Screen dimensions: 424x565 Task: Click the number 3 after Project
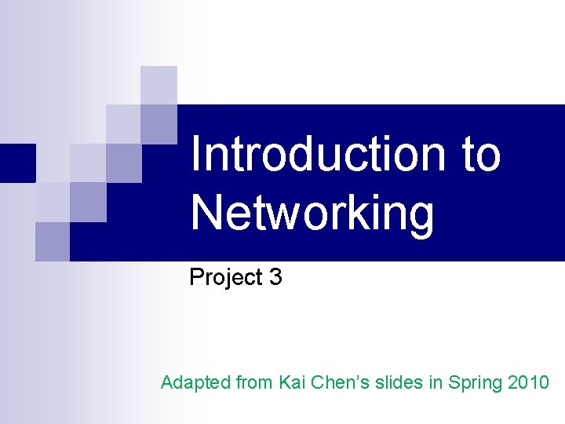click(275, 277)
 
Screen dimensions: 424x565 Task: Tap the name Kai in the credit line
click(294, 383)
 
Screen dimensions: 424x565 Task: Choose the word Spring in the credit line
click(479, 384)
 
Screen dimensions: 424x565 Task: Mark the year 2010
click(529, 383)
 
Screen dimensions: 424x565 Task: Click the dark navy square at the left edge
click(17, 163)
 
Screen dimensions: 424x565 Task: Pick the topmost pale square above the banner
click(159, 84)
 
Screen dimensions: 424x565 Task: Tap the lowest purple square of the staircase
click(53, 241)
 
